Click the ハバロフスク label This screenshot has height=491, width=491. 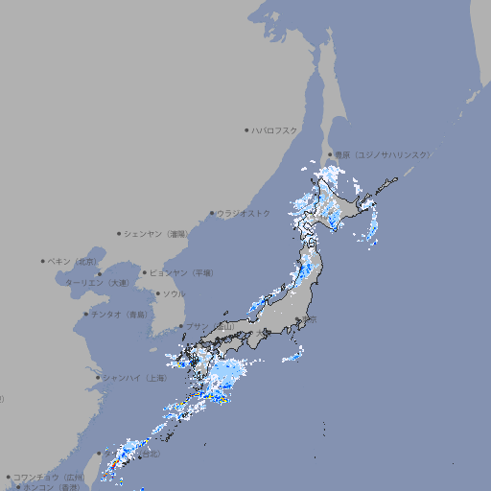tap(274, 129)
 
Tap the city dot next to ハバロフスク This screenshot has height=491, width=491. tap(246, 129)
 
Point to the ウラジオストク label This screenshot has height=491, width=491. tap(244, 213)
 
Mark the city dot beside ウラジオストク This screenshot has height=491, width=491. tap(212, 213)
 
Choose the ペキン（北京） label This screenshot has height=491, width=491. tap(74, 261)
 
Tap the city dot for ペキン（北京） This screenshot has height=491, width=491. tap(43, 261)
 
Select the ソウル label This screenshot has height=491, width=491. tap(173, 293)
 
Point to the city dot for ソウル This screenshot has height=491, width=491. tap(155, 293)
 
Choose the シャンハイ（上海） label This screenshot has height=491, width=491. tap(134, 378)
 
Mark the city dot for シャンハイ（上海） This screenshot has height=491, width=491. tap(98, 378)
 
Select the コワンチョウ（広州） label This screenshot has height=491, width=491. tap(49, 477)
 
